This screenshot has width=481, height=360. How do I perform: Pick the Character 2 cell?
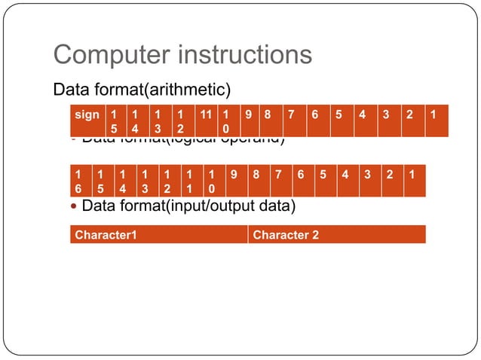click(336, 235)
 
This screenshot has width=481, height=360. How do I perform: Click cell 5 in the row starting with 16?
click(323, 181)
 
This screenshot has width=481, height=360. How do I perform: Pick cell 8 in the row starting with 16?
click(256, 181)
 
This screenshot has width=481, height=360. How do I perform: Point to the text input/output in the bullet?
click(224, 206)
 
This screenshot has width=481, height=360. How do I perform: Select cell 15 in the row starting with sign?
click(114, 121)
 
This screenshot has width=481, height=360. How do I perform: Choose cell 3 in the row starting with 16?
click(369, 181)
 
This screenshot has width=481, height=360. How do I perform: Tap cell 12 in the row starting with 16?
click(167, 181)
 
